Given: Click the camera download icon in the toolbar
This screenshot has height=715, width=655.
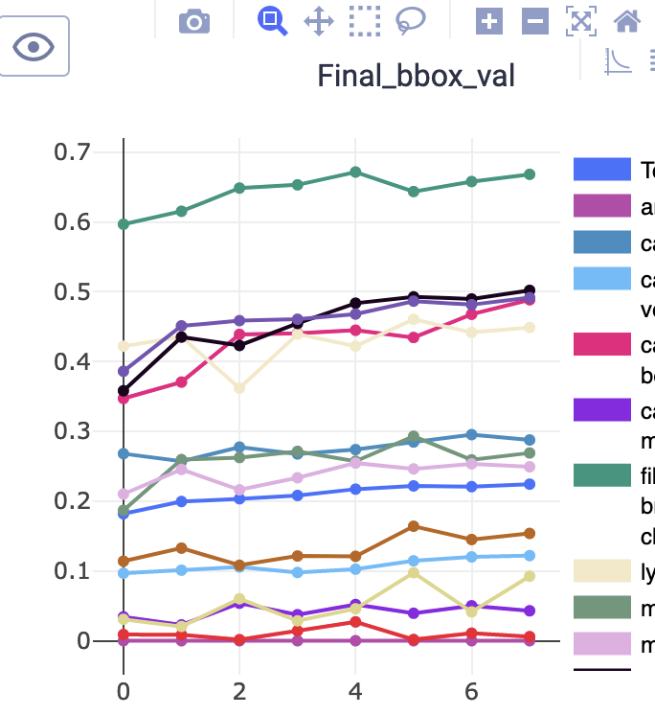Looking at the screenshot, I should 194,20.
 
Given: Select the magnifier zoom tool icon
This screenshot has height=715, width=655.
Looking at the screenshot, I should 272,20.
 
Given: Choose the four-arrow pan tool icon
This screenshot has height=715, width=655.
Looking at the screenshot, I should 319,20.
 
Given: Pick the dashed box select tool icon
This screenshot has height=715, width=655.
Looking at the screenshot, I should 364,20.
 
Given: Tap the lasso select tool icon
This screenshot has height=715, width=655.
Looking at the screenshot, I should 411,20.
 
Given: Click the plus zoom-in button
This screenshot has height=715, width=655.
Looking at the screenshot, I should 489,20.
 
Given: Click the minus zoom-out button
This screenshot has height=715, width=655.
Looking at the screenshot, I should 535,20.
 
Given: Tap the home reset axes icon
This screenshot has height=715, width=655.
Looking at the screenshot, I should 627,20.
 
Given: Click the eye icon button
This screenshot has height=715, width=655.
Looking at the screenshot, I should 34,46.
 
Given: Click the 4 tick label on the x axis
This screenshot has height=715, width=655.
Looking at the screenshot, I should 354,691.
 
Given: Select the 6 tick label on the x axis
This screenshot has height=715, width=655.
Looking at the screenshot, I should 470,691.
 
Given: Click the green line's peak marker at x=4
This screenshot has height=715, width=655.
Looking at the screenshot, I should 355,173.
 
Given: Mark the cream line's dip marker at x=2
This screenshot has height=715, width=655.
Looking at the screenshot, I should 239,388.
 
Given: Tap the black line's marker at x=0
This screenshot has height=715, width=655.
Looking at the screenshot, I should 124,391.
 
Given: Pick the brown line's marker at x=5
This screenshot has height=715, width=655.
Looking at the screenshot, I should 414,526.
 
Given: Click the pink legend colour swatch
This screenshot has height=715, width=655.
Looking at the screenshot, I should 601,344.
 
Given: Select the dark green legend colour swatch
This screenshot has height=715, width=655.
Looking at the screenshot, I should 601,475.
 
